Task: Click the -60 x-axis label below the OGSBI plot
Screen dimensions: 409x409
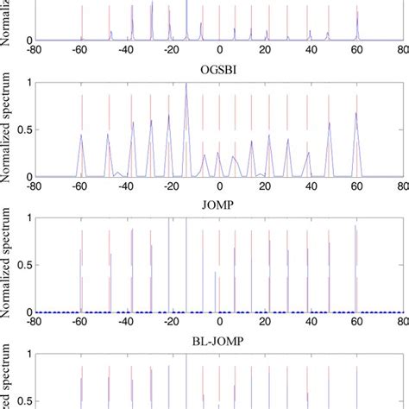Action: (80, 186)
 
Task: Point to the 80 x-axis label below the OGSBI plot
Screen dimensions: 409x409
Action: (403, 186)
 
